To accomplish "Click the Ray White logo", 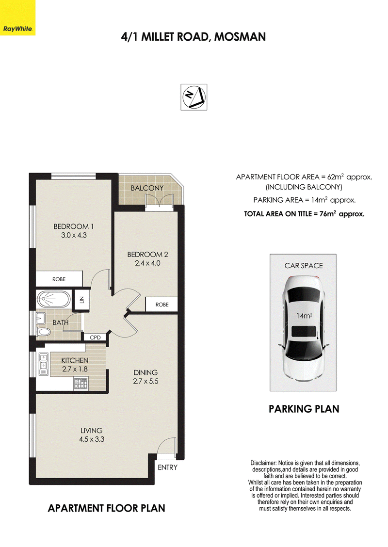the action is click(17, 17).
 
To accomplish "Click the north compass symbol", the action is click(194, 97).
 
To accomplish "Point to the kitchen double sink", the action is click(43, 365).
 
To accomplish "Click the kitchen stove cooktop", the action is click(81, 384).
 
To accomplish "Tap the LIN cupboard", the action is click(81, 300).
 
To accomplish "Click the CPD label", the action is click(95, 338).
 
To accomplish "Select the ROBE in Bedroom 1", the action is click(59, 279).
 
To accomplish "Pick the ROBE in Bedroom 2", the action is click(162, 305).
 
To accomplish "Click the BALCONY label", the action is click(147, 188).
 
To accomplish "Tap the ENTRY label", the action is click(167, 467).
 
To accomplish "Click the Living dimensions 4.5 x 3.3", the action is click(92, 439).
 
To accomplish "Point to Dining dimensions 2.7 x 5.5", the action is click(145, 381).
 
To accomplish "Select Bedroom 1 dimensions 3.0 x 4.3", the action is click(74, 235).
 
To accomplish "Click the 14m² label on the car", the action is click(304, 316).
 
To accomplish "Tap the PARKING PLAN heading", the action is click(304, 409).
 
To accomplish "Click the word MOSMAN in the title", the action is click(240, 37).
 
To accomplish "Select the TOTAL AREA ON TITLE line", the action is click(304, 214).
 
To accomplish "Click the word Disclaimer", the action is click(263, 463).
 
